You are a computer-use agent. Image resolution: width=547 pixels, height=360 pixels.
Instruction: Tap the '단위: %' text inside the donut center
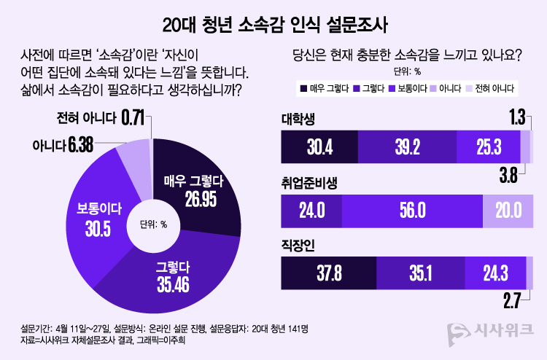[153, 224]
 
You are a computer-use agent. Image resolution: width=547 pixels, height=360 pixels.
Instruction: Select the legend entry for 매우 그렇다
[322, 88]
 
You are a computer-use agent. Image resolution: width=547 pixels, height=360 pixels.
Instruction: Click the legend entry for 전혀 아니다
[490, 88]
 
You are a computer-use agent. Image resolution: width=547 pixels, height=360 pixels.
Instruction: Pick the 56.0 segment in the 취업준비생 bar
[412, 210]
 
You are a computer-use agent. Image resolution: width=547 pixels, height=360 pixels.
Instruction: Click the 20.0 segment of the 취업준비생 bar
[508, 210]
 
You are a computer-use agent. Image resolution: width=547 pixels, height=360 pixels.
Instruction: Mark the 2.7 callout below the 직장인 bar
[511, 300]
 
